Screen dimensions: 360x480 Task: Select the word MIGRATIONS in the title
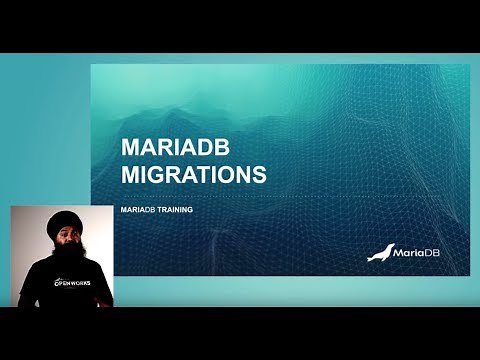(x=193, y=175)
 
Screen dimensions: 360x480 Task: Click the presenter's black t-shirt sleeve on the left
(x=27, y=290)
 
